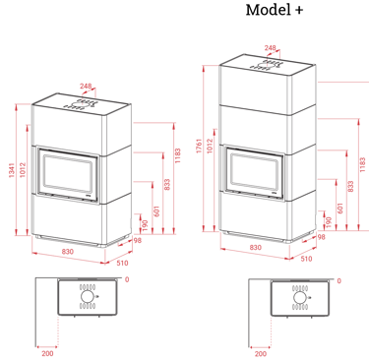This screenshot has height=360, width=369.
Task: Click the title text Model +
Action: point(275,10)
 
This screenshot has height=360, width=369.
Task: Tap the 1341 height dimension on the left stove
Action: point(12,170)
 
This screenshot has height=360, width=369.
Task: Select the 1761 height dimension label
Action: point(199,147)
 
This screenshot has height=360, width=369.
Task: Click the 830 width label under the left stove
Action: point(67,252)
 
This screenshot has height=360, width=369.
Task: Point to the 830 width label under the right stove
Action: point(256,247)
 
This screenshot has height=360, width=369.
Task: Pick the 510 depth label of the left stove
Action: point(122,263)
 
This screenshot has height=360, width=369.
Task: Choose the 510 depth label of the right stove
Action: point(306,259)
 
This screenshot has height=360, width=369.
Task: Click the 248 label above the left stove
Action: point(86,87)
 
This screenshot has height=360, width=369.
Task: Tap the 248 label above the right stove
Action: point(270,48)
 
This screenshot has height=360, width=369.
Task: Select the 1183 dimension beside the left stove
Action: point(177,155)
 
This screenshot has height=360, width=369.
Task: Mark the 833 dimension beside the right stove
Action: point(350,187)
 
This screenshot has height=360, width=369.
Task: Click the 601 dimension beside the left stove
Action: point(156,211)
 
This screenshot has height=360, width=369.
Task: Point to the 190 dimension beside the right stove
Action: point(329,222)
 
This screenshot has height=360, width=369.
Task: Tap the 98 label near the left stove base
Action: point(138,240)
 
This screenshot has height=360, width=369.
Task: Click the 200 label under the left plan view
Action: point(47,353)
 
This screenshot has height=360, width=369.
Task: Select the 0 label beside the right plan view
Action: point(339,280)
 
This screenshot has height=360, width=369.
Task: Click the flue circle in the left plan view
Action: point(88,297)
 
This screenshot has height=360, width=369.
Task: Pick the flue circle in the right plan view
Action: point(299,298)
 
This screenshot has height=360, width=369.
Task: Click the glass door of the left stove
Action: point(68,175)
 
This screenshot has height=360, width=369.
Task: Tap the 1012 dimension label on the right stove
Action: point(210,146)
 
